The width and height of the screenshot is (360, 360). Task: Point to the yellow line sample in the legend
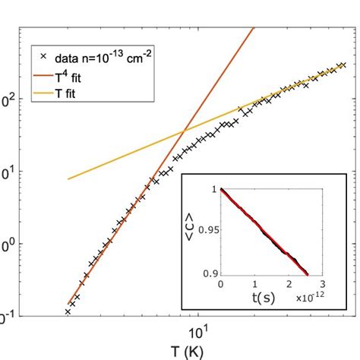click(x=42, y=96)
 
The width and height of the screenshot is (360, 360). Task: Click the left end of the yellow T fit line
click(x=68, y=178)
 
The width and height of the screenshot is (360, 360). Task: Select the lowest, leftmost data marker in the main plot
click(x=68, y=311)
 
